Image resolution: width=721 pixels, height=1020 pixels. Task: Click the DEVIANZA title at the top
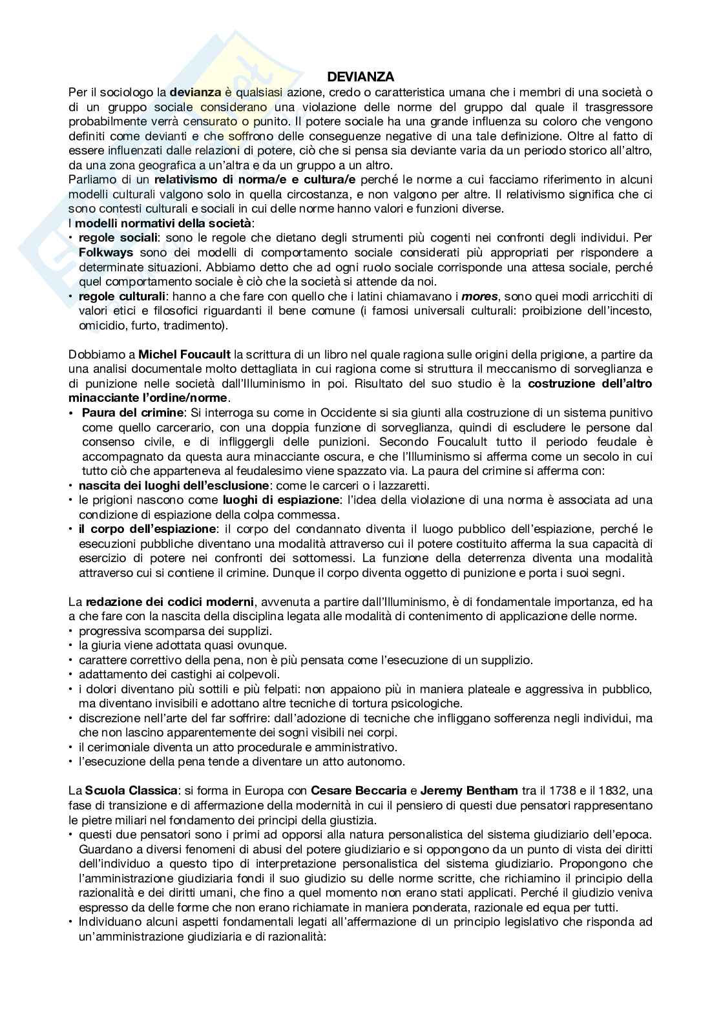pos(360,78)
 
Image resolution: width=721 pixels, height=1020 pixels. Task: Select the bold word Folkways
pos(106,251)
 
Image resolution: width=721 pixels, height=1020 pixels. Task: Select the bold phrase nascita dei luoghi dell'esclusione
pos(173,485)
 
